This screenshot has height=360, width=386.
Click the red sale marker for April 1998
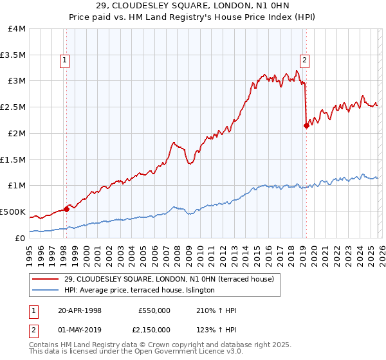(66, 208)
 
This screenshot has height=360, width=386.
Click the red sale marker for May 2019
(306, 125)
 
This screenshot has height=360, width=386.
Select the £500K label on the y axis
(13, 212)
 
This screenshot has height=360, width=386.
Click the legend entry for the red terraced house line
(169, 279)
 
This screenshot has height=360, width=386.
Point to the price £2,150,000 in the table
(154, 329)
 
